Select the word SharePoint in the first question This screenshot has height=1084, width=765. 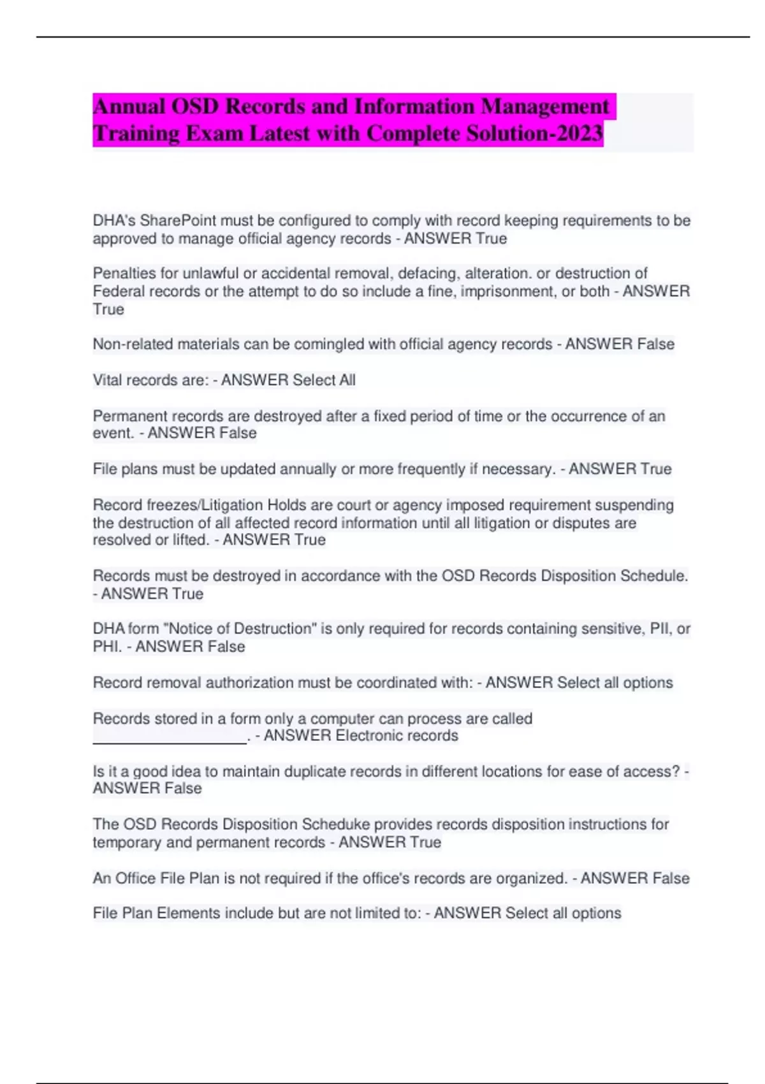178,221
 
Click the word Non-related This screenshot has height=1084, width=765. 133,344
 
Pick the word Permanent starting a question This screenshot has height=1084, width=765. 130,416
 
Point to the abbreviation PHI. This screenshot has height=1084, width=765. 107,647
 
